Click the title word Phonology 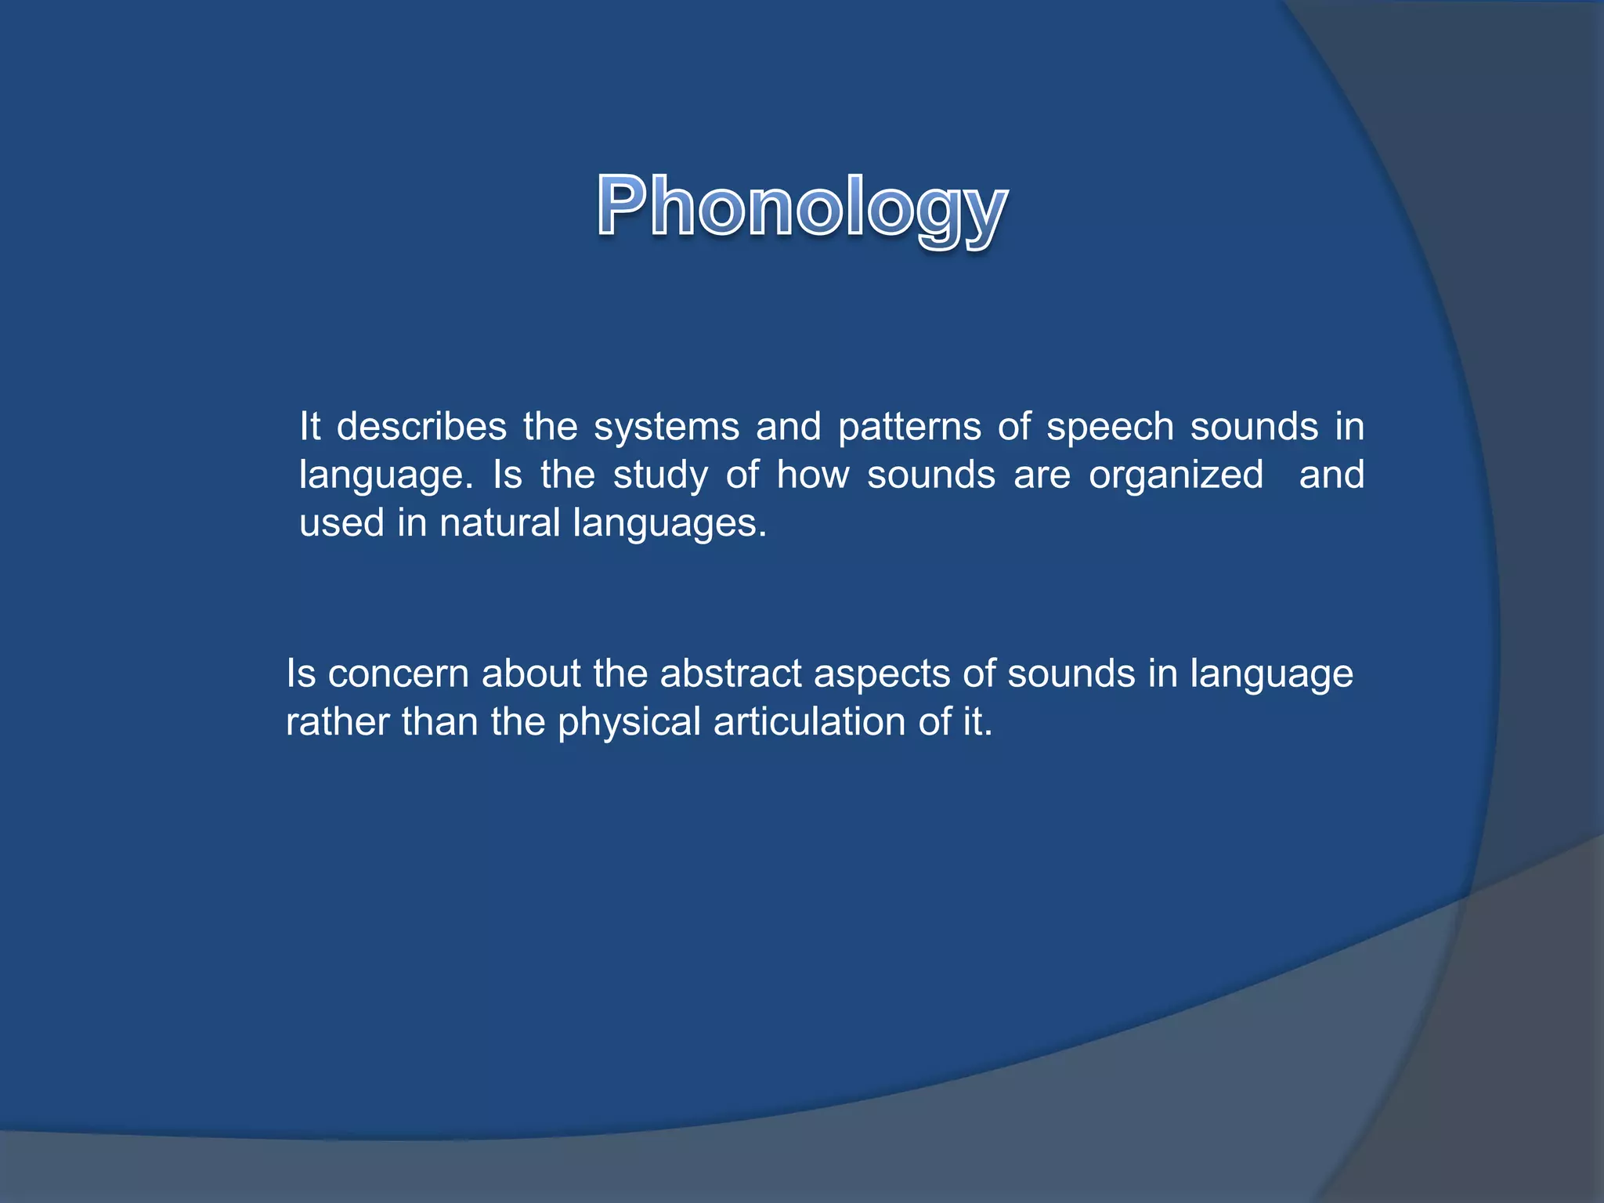801,207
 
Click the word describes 421,428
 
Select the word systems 667,428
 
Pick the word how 812,475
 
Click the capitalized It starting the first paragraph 310,428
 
